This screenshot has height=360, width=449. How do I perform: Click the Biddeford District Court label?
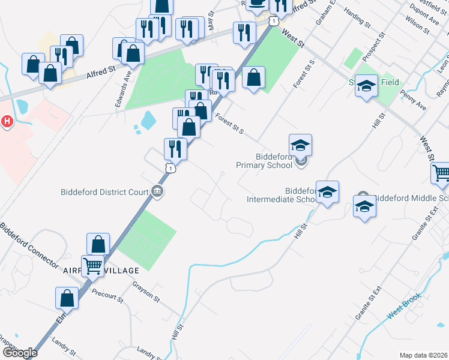tap(104, 193)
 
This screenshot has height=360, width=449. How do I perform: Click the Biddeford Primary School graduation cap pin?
tap(300, 146)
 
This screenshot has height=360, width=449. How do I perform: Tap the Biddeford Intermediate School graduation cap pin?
tap(327, 193)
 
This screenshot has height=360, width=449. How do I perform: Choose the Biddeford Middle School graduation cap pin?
tap(365, 207)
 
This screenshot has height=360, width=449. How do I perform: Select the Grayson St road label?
tap(146, 290)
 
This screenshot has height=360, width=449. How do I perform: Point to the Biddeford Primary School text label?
tap(274, 161)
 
